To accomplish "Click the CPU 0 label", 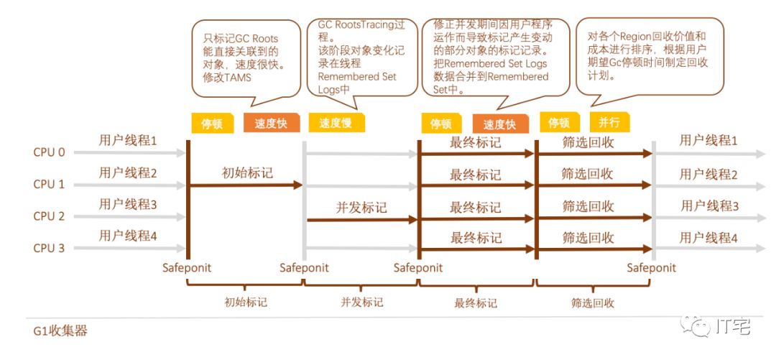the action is (49, 152).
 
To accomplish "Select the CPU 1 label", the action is (49, 184).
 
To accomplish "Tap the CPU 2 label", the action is (49, 216).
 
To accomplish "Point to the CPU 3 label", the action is (49, 249).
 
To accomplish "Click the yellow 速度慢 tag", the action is (335, 123).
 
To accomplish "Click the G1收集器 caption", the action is (60, 332).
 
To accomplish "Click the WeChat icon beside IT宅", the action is (696, 328).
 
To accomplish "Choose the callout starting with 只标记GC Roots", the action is (245, 57).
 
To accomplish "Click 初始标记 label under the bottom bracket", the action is (246, 303).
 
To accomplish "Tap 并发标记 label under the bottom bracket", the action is (361, 303).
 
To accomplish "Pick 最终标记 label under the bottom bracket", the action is (476, 303).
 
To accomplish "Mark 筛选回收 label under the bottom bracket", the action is (593, 303).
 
